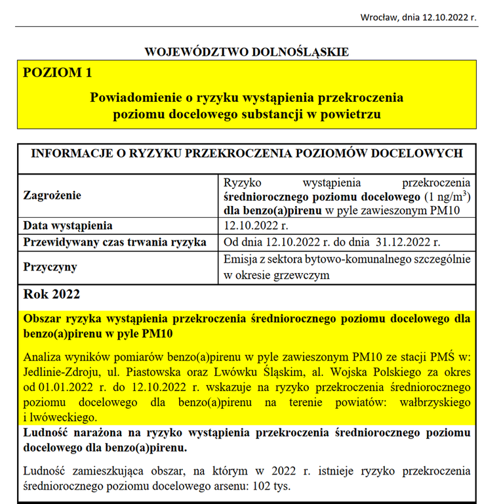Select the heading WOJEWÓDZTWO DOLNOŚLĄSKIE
(x=247, y=52)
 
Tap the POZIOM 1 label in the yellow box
(x=57, y=73)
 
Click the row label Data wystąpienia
(x=68, y=226)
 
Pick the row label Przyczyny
(x=50, y=268)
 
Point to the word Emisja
(x=240, y=259)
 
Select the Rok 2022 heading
(x=51, y=294)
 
